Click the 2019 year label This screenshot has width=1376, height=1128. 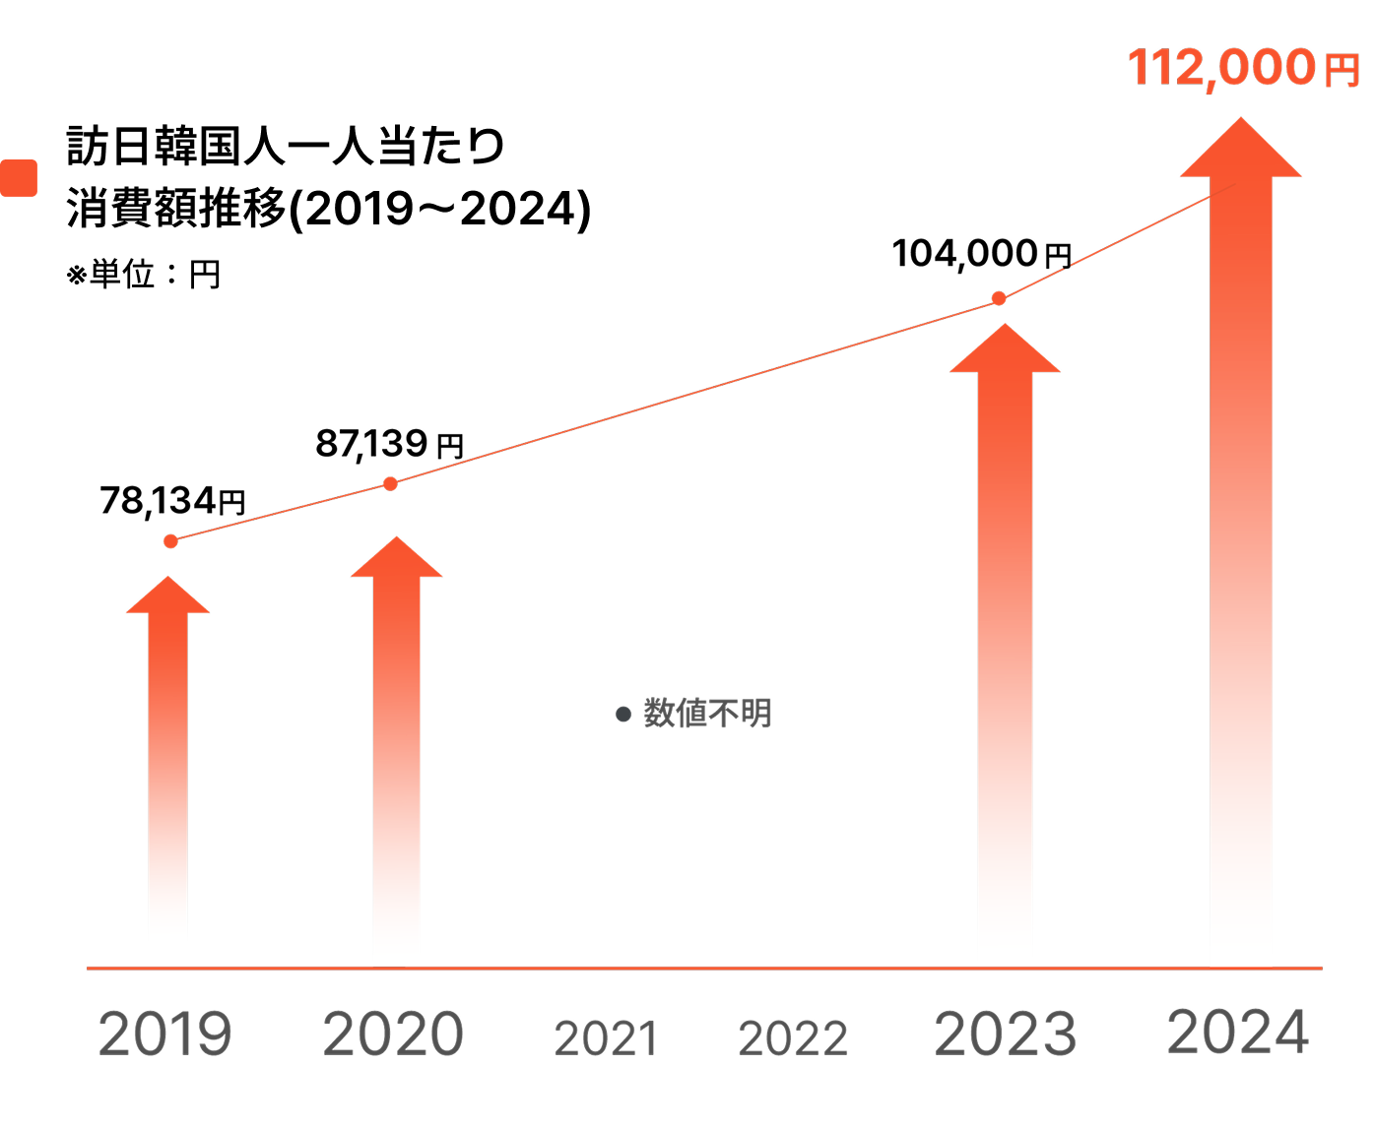point(165,1034)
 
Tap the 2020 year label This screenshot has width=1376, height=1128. point(393,1034)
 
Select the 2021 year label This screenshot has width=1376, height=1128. point(606,1038)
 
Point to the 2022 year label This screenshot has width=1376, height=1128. point(793,1038)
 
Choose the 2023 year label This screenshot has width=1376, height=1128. point(1006,1034)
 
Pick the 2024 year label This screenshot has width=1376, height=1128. point(1238,1033)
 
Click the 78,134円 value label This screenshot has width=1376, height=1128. point(172,501)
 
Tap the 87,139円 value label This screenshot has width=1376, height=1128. point(389,444)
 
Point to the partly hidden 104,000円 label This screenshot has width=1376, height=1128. point(983,258)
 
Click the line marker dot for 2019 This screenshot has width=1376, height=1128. point(170,541)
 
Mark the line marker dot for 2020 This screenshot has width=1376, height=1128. point(390,483)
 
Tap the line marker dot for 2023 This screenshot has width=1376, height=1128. point(999,298)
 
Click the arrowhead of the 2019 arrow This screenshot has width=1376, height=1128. point(168,597)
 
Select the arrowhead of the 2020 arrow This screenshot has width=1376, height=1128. point(397,559)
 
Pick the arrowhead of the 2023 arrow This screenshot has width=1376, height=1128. point(1005,351)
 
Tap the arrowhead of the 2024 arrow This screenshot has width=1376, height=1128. point(1241,151)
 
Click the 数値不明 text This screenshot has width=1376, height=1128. point(706,714)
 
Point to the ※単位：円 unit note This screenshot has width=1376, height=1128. point(144,274)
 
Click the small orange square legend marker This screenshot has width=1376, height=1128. point(19,178)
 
